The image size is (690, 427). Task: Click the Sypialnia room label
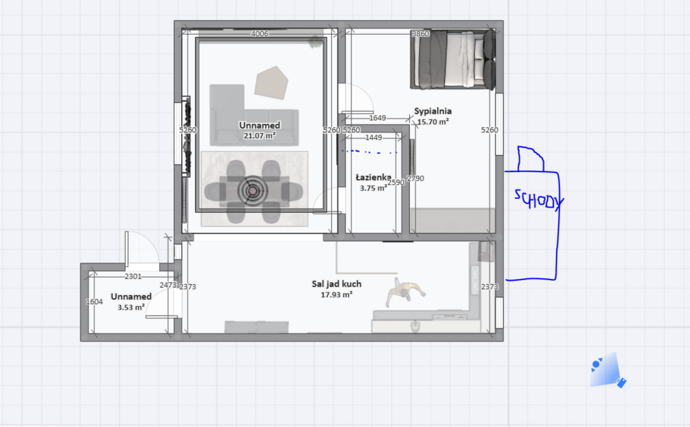(433, 111)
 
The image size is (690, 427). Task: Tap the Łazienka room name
(374, 178)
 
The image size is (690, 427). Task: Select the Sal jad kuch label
(336, 284)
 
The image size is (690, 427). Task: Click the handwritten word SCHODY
(539, 200)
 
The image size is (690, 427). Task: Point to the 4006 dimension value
(260, 33)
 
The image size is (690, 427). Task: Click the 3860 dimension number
(420, 33)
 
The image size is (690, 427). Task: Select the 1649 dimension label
(377, 118)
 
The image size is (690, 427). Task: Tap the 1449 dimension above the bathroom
(374, 137)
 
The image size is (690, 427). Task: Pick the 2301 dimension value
(133, 276)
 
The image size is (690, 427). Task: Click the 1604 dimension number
(94, 302)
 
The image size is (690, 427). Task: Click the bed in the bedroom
(453, 59)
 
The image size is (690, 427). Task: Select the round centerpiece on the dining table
(253, 191)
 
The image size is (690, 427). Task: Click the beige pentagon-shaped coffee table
(271, 83)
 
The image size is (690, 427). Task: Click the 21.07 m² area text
(260, 135)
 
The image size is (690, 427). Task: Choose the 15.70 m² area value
(433, 121)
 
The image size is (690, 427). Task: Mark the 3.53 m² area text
(131, 307)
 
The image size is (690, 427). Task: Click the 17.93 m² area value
(336, 295)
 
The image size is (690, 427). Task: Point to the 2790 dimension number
(415, 178)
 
